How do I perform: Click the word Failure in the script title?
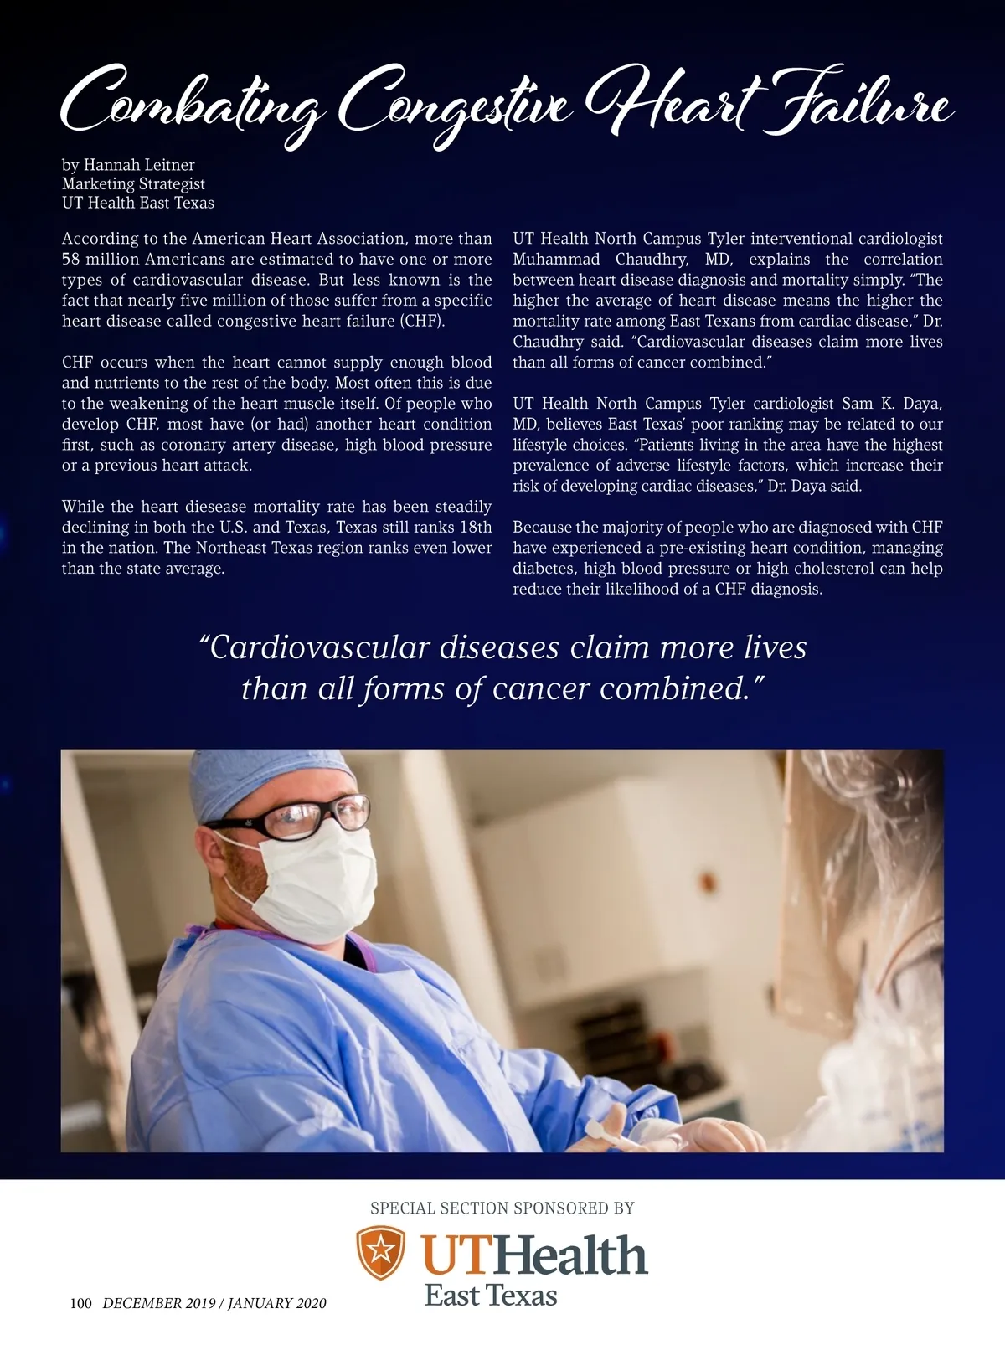click(x=863, y=105)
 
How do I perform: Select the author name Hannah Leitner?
click(x=139, y=165)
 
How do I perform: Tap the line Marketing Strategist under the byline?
click(x=133, y=183)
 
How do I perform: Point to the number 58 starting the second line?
click(x=71, y=260)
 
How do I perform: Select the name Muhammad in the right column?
click(x=556, y=260)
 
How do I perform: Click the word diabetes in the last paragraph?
click(x=543, y=569)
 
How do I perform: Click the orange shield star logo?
click(x=381, y=1252)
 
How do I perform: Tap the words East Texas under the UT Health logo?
click(x=491, y=1296)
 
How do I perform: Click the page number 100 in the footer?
click(x=80, y=1303)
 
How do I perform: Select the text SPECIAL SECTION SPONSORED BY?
click(x=502, y=1208)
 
